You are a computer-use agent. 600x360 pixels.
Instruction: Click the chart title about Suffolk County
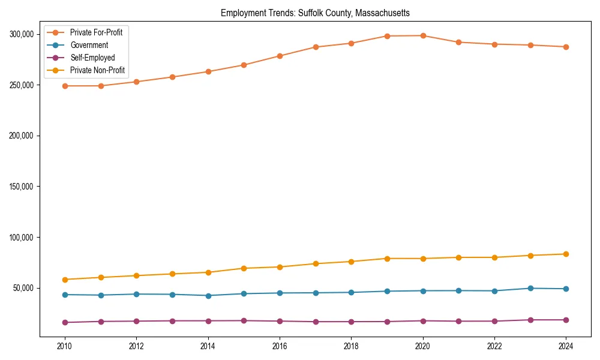[315, 13]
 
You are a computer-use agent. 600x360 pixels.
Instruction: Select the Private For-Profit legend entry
[96, 32]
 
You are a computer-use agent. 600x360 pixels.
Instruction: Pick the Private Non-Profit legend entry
[97, 70]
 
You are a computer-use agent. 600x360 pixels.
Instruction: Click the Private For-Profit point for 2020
[423, 35]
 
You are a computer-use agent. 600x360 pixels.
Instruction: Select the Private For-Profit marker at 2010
[65, 86]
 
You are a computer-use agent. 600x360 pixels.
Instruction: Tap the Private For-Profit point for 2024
[566, 47]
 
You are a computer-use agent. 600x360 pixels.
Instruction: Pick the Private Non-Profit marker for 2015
[244, 268]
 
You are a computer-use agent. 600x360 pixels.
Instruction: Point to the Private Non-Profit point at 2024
[566, 254]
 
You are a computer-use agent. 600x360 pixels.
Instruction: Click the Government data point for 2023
[530, 288]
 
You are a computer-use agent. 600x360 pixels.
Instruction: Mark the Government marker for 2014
[208, 295]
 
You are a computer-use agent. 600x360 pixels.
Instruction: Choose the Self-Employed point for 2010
[65, 322]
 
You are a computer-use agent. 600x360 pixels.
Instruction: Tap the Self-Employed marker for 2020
[423, 320]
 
